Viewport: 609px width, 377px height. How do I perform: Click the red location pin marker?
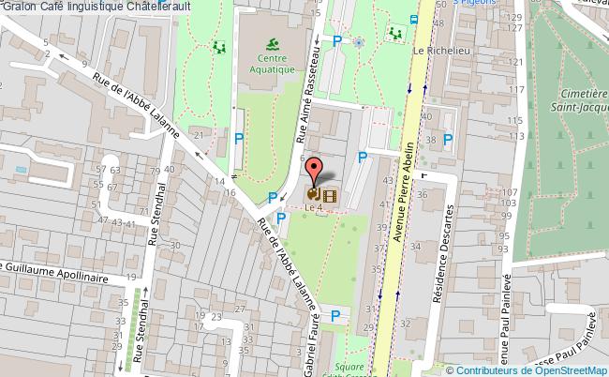click(x=315, y=171)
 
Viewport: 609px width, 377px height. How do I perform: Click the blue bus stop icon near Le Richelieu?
click(x=414, y=20)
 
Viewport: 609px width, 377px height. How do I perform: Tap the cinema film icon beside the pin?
click(x=329, y=195)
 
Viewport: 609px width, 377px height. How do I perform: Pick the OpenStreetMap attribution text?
click(x=538, y=369)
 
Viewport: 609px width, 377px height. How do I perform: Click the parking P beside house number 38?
click(x=449, y=142)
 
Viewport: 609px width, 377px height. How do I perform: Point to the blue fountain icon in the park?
click(x=359, y=41)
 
